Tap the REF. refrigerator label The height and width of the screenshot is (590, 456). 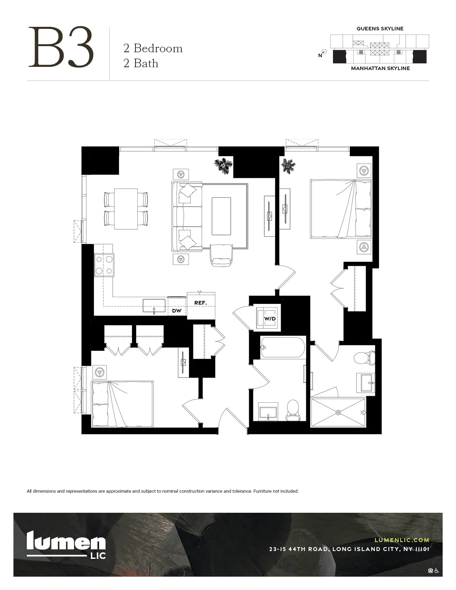pos(200,303)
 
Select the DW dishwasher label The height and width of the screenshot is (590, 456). pos(177,311)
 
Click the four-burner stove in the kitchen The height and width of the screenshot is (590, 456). pos(104,265)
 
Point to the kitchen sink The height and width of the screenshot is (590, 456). pos(154,306)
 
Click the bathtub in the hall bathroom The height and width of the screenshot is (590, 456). pos(283,347)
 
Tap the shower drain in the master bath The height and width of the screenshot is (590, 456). pos(338,412)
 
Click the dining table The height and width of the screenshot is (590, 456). pos(126,209)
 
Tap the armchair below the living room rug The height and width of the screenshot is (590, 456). pos(222,255)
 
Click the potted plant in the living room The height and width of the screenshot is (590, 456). pos(224,166)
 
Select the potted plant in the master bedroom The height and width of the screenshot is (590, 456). pos(288,166)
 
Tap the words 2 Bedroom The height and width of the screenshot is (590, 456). pos(153,48)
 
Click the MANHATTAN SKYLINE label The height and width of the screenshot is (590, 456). pos(380,68)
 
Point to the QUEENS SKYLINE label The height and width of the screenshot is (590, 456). pos(380,29)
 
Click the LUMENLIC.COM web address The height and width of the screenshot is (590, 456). pos(402,540)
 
